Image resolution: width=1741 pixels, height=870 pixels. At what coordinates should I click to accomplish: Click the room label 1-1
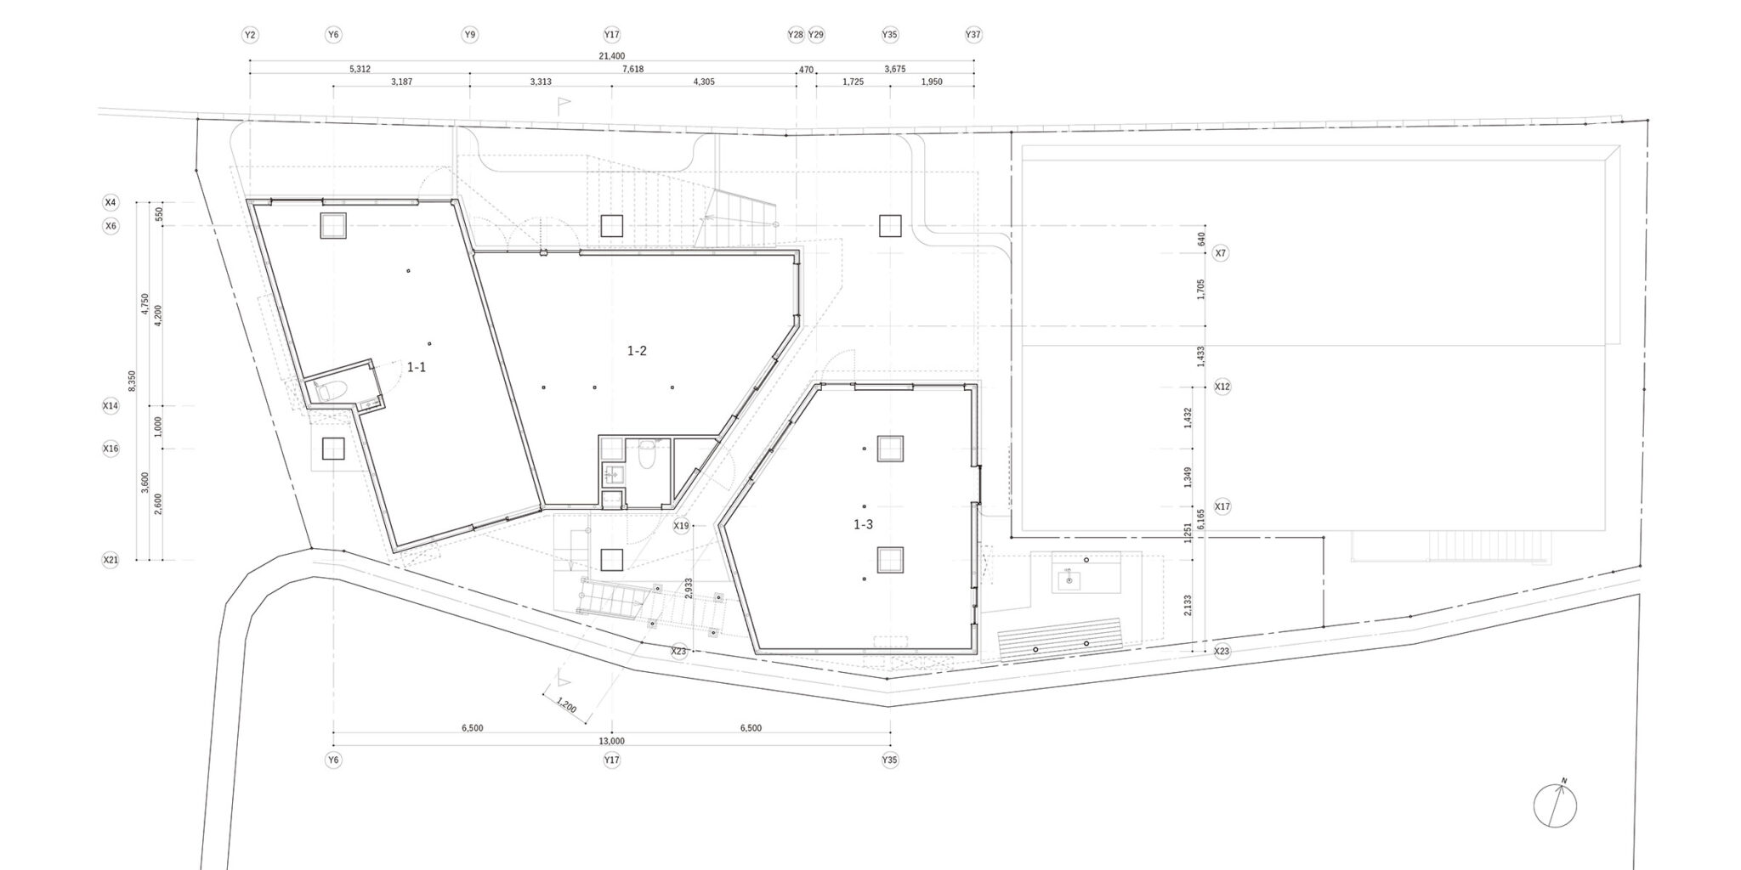click(417, 367)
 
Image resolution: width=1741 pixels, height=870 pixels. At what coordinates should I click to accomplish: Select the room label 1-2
click(637, 350)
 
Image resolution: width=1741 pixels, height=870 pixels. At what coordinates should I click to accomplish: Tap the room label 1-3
click(863, 524)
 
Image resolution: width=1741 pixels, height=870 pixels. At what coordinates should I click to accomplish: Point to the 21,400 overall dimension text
click(611, 55)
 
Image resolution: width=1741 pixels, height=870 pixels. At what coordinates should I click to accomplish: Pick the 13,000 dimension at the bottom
click(611, 741)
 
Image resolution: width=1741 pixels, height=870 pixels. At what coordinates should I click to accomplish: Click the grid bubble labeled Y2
click(249, 35)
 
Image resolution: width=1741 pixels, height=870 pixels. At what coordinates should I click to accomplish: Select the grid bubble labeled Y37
click(973, 35)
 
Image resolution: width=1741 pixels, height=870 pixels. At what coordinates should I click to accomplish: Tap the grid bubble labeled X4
click(111, 202)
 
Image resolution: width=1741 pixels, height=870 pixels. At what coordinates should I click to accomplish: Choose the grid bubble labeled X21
click(111, 560)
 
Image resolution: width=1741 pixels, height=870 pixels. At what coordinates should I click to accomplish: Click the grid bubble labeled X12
click(1222, 387)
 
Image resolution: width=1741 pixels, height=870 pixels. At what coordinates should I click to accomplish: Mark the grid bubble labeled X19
click(681, 526)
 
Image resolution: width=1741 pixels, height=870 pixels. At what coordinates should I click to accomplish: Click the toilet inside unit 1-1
click(330, 390)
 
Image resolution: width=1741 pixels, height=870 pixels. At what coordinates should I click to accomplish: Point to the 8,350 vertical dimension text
click(132, 381)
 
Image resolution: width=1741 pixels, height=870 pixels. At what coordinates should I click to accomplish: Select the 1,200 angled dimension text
click(566, 705)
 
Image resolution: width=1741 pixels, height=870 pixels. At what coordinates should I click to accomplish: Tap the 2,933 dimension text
click(688, 589)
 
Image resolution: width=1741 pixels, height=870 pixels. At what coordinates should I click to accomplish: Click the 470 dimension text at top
click(806, 70)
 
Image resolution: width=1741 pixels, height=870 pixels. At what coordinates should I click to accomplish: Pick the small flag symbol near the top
click(563, 105)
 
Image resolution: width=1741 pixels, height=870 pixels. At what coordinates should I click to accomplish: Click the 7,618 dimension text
click(632, 70)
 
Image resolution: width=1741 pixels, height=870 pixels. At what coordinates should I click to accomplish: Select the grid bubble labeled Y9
click(469, 35)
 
